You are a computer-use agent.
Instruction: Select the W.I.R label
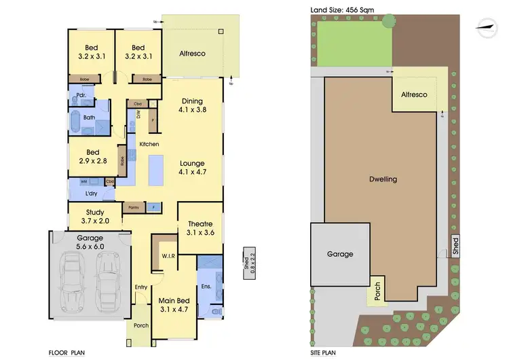click(169, 256)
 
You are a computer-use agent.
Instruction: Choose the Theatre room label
click(200, 228)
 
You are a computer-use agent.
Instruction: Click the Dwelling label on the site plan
click(383, 179)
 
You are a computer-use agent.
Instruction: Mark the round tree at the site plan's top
click(388, 21)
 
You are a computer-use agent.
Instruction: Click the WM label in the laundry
click(83, 182)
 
